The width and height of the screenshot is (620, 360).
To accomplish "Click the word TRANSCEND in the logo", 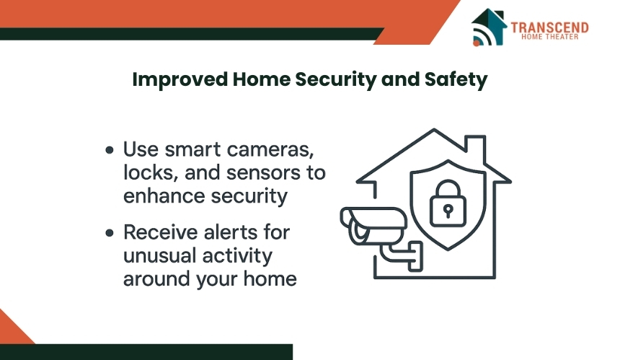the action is tap(549, 27).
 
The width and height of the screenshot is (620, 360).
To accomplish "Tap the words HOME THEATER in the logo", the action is tap(549, 37).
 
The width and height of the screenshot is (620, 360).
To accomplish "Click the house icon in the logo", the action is tap(489, 27).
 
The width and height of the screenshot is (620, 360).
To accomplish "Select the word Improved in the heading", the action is tap(180, 79).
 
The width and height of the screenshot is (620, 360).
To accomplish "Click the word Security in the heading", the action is tap(336, 79).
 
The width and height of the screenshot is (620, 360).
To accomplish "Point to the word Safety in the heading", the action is tap(456, 79).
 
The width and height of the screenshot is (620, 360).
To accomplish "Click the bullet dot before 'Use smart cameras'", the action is tap(110, 150).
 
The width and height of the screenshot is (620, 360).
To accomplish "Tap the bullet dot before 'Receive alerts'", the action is tap(110, 232).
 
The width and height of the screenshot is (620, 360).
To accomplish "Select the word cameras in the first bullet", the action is tap(270, 150).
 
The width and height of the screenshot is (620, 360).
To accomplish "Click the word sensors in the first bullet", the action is tap(264, 173).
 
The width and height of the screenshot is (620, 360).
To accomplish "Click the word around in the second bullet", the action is tap(156, 279).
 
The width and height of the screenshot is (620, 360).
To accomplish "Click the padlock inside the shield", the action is tap(448, 203).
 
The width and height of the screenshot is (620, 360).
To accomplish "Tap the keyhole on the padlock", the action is tap(448, 211).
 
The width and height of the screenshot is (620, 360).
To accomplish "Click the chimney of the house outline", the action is tap(475, 148).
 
